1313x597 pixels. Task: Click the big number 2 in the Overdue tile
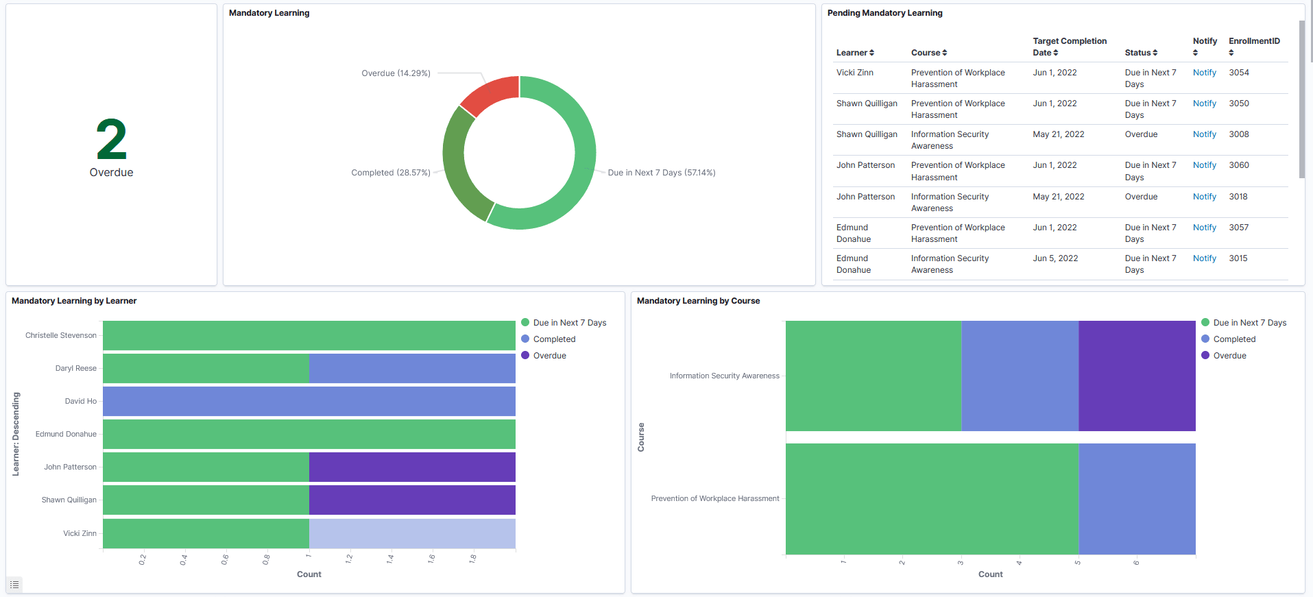coord(111,140)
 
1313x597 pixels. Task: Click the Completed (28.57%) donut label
coord(391,173)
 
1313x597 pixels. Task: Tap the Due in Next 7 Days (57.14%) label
coord(661,173)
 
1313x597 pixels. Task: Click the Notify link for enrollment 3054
coord(1204,73)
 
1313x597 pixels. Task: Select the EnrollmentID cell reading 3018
coord(1238,197)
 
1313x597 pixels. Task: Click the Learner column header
coord(854,53)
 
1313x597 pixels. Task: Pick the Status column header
coord(1140,53)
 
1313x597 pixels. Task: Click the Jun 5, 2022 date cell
coord(1055,258)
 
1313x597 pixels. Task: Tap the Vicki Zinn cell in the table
coord(854,73)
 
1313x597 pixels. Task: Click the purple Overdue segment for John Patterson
coord(411,467)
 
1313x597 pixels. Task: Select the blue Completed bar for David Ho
coord(309,401)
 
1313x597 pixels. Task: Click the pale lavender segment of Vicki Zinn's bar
coord(411,533)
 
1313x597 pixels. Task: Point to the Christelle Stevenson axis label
coord(61,335)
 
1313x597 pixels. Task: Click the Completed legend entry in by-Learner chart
coord(554,339)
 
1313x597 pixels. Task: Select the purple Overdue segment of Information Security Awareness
coord(1137,376)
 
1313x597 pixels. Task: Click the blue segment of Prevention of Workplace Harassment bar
coord(1137,498)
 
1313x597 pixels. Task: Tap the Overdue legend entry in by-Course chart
coord(1229,356)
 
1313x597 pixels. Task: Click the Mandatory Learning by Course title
coord(698,301)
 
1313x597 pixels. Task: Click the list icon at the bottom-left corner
coord(14,585)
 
